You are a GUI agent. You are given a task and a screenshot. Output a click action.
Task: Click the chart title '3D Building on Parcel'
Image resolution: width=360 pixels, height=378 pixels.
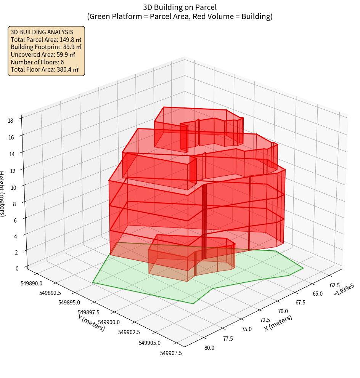[x=180, y=7]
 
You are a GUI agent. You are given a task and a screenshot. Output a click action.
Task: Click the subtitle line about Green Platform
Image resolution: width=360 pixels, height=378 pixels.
[x=180, y=16]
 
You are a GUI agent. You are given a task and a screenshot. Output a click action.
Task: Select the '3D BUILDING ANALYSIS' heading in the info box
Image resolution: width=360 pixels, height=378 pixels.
[x=42, y=32]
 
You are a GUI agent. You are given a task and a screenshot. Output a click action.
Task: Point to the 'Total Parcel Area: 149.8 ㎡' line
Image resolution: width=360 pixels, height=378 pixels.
[x=46, y=40]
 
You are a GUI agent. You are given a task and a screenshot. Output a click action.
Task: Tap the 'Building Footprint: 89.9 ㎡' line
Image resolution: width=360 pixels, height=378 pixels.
[x=46, y=47]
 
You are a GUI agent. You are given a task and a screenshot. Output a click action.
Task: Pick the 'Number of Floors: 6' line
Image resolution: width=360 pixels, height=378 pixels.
[x=37, y=62]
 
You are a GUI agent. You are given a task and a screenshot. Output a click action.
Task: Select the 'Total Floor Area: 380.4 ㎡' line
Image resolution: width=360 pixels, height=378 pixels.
[x=45, y=69]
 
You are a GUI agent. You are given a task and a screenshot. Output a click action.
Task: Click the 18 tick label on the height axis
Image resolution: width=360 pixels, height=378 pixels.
[x=10, y=121]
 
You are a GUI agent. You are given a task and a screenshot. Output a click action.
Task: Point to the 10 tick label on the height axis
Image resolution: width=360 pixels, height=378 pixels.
[x=14, y=187]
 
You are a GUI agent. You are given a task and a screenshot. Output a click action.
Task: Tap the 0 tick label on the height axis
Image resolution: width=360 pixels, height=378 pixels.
[x=17, y=268]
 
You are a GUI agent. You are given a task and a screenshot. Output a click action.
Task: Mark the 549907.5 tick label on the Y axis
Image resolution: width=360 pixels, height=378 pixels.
[x=171, y=353]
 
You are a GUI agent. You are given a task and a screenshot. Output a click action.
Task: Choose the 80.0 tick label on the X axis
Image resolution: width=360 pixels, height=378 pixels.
[x=209, y=348]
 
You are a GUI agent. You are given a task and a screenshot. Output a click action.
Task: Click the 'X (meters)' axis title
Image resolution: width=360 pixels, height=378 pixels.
[x=278, y=323]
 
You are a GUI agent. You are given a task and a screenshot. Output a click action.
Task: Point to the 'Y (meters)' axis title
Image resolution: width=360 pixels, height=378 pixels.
[x=92, y=322]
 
